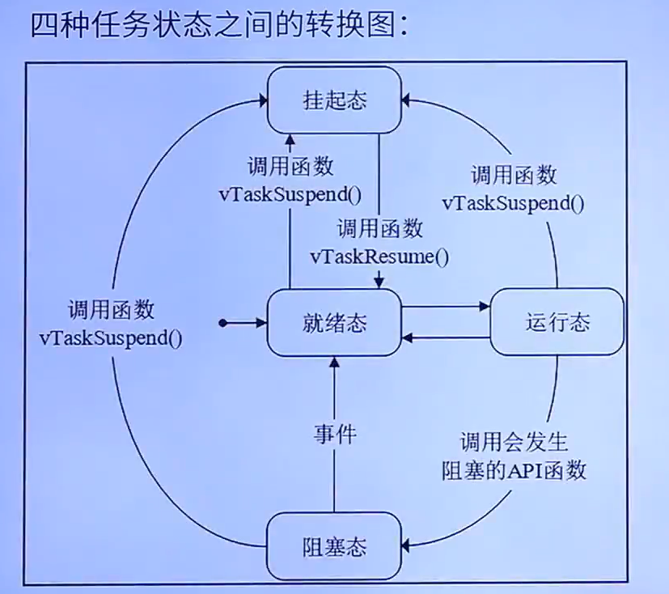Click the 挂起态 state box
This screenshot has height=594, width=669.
pyautogui.click(x=334, y=100)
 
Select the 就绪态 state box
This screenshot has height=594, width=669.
pyautogui.click(x=334, y=323)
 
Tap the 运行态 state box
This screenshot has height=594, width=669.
pyautogui.click(x=557, y=322)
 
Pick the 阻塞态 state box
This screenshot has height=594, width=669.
pyautogui.click(x=334, y=548)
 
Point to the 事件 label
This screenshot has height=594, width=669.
pyautogui.click(x=334, y=434)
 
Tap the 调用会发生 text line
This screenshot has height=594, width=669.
pyautogui.click(x=514, y=443)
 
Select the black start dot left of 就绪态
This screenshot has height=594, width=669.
pyautogui.click(x=228, y=324)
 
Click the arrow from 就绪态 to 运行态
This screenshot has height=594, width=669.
pyautogui.click(x=447, y=306)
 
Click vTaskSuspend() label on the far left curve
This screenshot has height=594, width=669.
pyautogui.click(x=111, y=337)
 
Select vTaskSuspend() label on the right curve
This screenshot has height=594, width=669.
pyautogui.click(x=514, y=202)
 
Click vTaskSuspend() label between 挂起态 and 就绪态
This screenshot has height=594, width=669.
pyautogui.click(x=289, y=194)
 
